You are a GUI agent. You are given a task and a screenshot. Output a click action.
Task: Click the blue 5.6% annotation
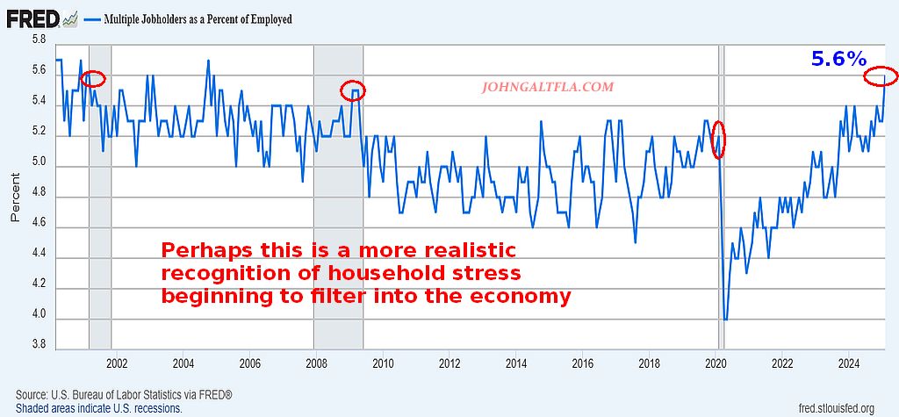coord(838,60)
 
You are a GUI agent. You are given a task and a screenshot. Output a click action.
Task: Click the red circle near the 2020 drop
coord(718,140)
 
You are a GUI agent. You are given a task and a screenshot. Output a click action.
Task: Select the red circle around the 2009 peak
coord(352,90)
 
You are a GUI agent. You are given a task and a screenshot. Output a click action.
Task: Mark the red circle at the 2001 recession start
coord(92,79)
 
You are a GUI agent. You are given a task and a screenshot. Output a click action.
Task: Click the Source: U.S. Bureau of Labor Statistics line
coord(124,395)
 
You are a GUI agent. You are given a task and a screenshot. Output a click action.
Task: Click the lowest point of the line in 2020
coord(724,320)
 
